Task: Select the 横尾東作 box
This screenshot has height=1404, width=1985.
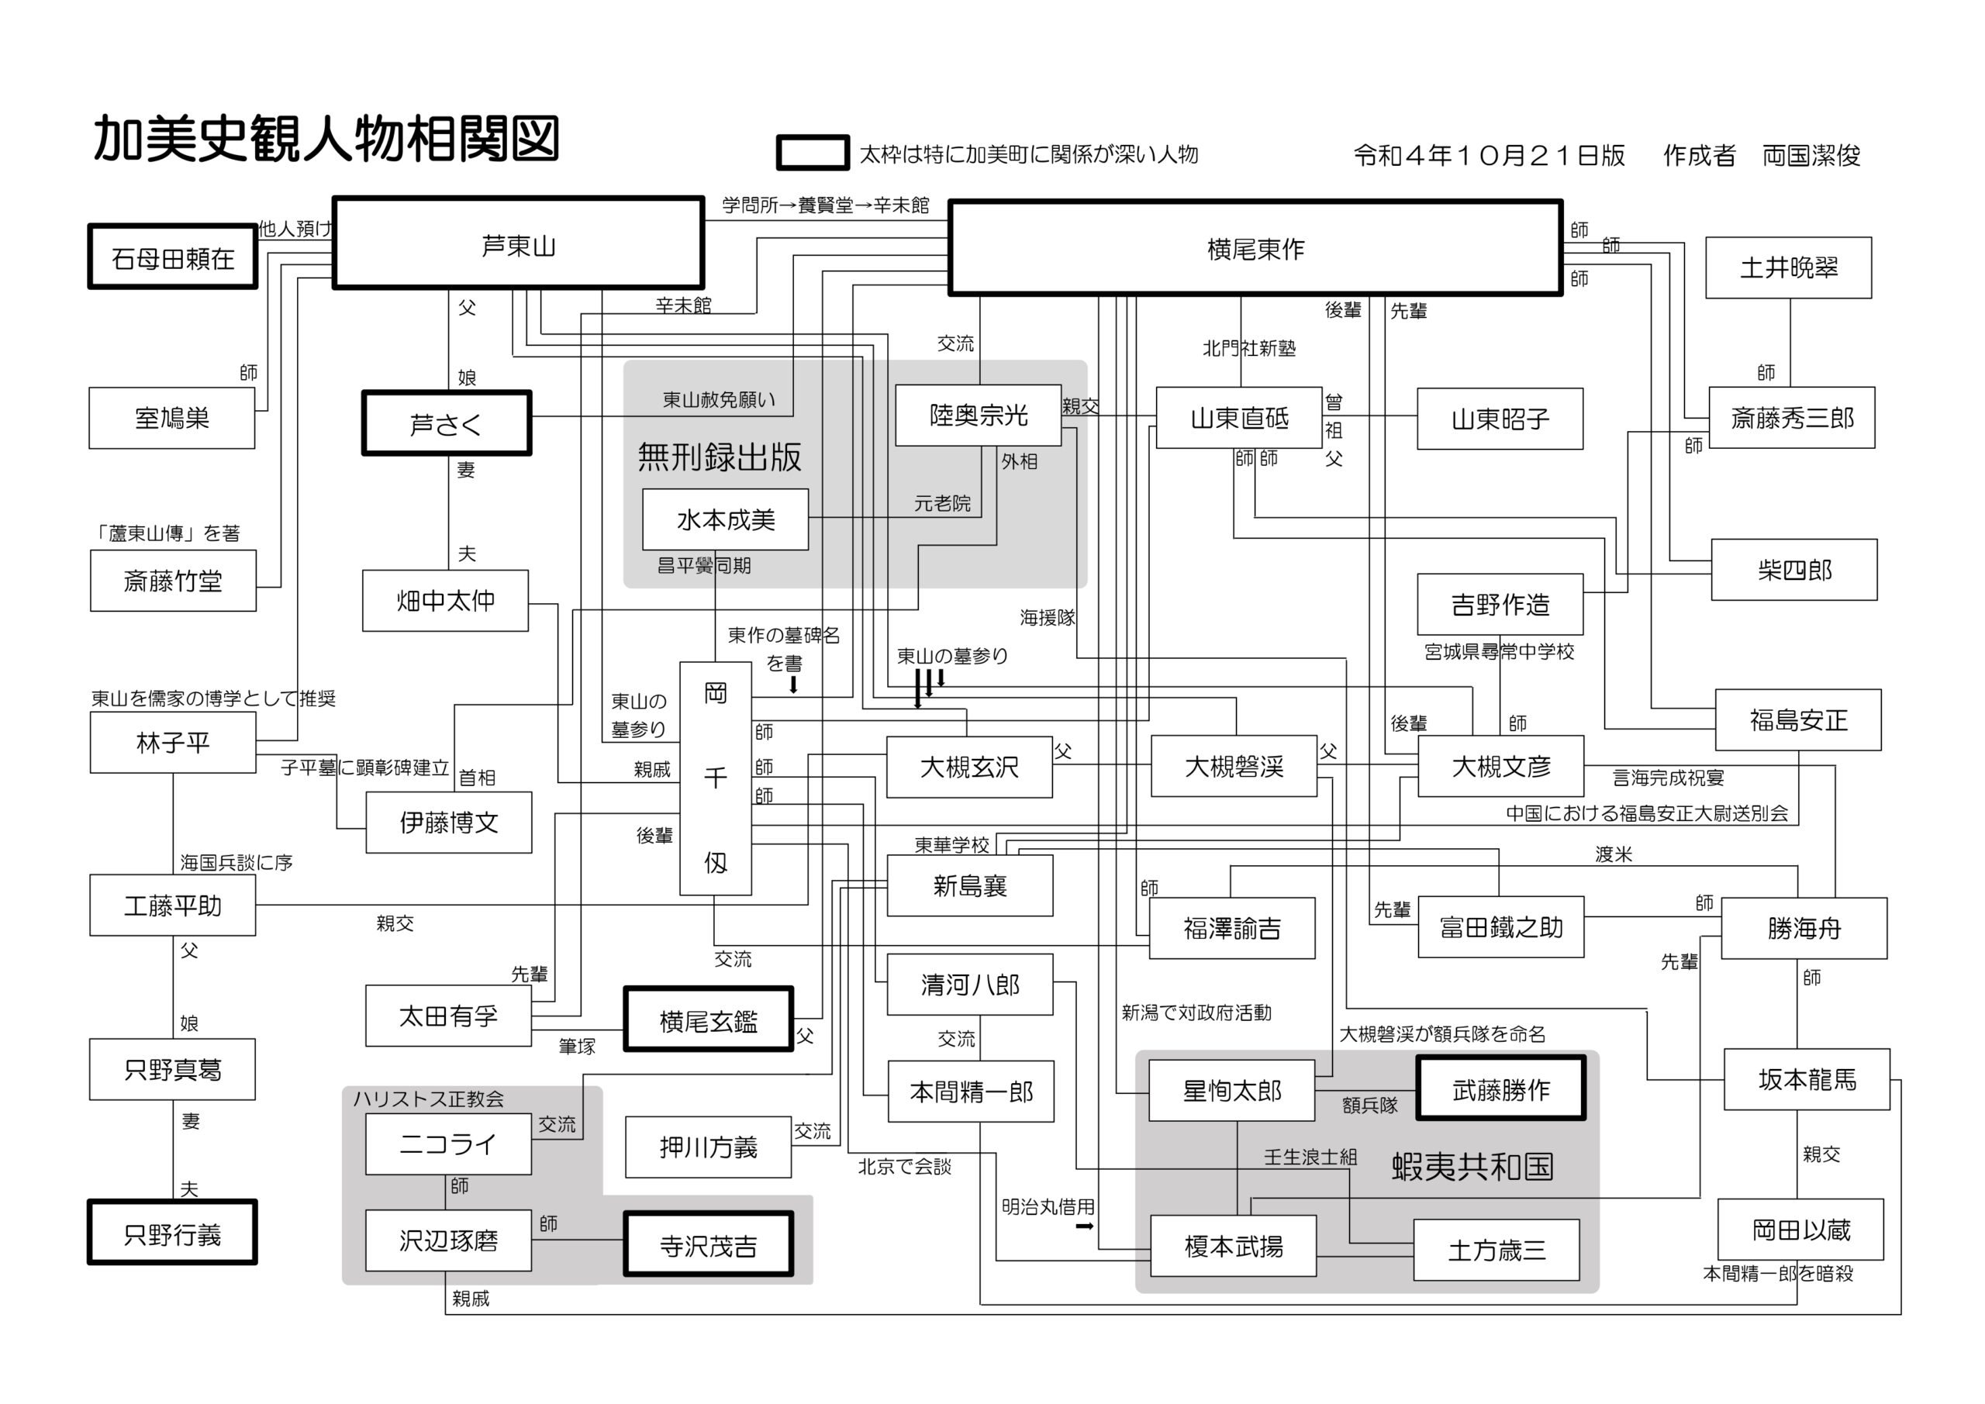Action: [1255, 249]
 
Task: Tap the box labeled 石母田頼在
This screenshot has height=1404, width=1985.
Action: [173, 257]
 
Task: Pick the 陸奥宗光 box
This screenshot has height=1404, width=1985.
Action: [978, 415]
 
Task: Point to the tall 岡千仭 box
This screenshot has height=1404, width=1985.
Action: [715, 778]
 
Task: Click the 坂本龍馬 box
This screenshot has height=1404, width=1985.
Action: [1806, 1079]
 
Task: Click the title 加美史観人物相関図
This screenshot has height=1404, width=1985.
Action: [326, 138]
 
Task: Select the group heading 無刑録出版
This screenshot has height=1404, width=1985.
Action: [720, 457]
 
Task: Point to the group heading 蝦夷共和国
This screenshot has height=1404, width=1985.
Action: [1472, 1166]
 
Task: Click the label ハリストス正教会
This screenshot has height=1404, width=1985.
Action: [428, 1099]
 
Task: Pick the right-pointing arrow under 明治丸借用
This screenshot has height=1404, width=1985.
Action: [1084, 1226]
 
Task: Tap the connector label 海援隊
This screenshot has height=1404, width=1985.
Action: [1047, 617]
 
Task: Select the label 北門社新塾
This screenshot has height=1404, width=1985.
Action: [1248, 348]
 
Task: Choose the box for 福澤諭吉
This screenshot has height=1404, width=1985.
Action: [1232, 929]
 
